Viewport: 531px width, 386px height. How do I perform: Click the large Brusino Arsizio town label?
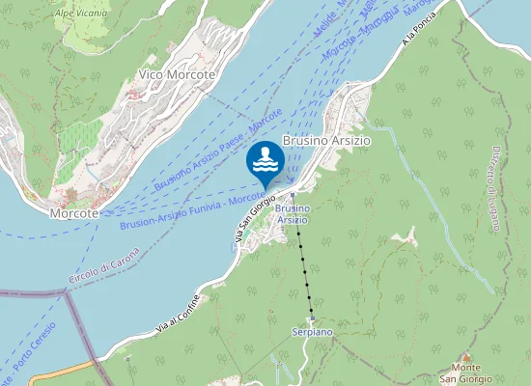click(326, 140)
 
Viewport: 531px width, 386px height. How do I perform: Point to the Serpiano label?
click(312, 331)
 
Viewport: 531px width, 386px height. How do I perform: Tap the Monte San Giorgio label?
click(467, 372)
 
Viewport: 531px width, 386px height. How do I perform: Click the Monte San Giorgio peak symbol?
click(467, 357)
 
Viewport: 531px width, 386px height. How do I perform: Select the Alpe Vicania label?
click(81, 14)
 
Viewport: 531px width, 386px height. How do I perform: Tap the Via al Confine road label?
click(182, 314)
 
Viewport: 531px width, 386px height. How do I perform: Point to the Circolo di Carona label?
click(103, 265)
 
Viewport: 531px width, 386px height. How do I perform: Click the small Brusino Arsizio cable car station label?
click(293, 214)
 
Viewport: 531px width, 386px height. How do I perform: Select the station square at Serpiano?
click(311, 320)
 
